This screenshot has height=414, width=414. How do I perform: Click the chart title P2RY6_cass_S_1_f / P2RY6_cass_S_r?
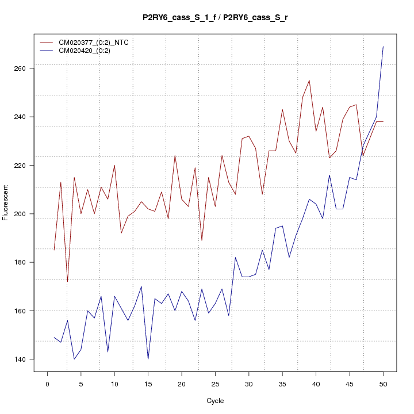tap(215, 17)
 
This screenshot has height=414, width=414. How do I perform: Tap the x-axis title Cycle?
tap(215, 401)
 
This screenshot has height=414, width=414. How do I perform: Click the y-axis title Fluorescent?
tap(6, 202)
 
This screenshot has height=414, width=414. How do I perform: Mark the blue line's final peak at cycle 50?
tap(383, 47)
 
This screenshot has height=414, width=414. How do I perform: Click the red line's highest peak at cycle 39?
tap(309, 80)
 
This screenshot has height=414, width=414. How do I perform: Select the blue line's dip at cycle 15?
tap(148, 359)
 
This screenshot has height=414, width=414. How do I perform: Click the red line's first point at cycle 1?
tap(54, 250)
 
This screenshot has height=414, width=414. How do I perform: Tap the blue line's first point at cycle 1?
tap(54, 338)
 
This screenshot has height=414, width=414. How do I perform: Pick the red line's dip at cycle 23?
tap(202, 240)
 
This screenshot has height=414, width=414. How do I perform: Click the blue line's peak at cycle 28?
tap(235, 258)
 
